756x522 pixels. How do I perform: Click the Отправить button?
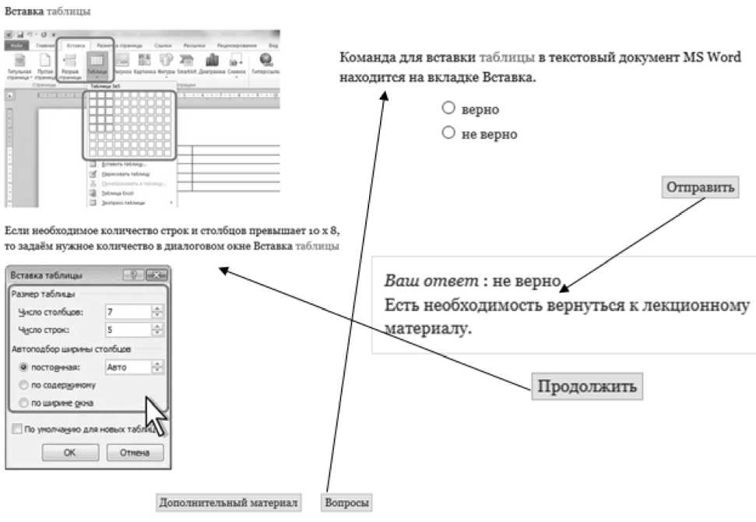(701, 187)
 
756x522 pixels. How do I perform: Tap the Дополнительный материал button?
(228, 503)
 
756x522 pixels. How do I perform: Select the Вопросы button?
(346, 503)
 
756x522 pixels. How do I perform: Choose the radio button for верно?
(448, 108)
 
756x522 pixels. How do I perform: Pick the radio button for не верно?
(448, 133)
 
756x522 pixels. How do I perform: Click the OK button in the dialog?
(69, 453)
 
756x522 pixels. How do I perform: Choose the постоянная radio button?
(23, 367)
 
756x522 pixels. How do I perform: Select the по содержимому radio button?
(23, 385)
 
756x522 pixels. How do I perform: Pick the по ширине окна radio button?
(23, 403)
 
